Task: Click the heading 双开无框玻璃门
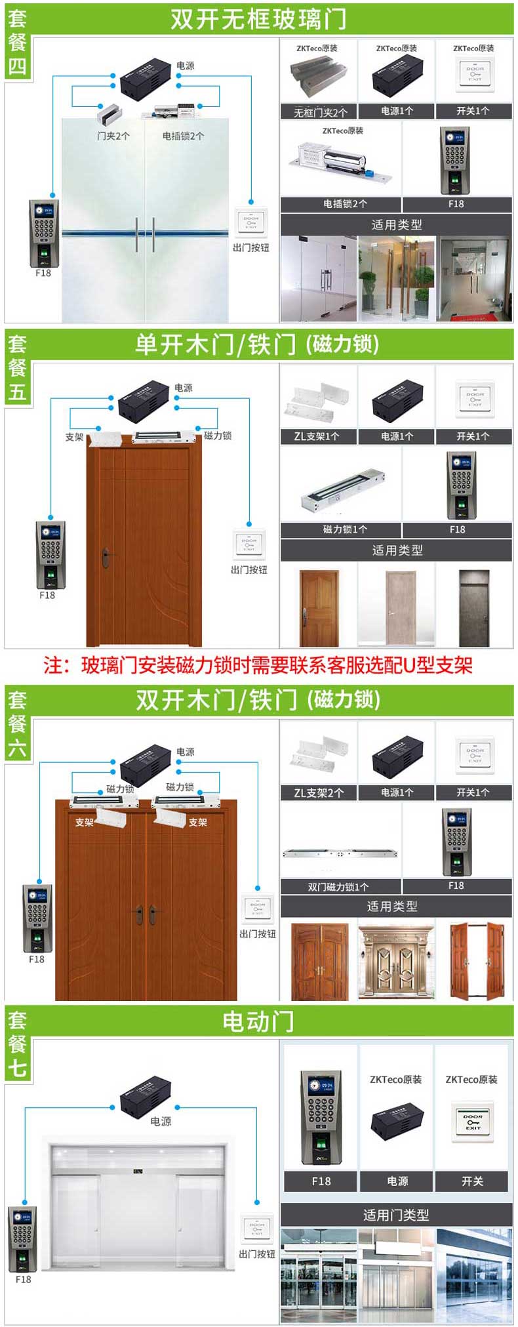click(258, 19)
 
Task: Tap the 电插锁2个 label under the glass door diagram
click(183, 136)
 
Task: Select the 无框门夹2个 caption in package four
click(320, 112)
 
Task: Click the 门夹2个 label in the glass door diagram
click(113, 136)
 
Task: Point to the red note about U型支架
click(258, 665)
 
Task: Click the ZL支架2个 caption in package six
click(319, 792)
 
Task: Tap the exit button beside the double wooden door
click(257, 908)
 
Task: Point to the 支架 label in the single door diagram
click(74, 437)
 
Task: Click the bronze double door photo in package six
click(395, 961)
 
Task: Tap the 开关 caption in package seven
click(471, 1181)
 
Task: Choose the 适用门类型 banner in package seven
click(396, 1215)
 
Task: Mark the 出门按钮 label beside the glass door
click(250, 247)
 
